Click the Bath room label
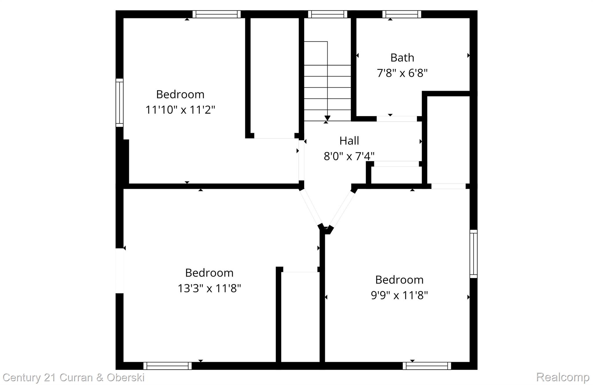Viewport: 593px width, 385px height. [402, 58]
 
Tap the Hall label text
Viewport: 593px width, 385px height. [349, 141]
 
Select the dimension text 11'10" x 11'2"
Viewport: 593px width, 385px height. [180, 110]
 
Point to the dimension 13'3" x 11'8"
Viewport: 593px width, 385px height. [209, 289]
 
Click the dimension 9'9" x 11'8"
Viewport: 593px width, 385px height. [399, 296]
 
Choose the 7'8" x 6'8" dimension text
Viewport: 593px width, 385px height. [402, 73]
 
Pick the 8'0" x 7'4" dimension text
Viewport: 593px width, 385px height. [349, 157]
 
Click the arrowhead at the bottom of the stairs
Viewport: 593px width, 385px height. [327, 118]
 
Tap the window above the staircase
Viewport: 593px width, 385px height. [327, 14]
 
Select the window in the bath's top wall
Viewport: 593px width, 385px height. [402, 14]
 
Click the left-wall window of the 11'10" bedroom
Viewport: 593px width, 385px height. [120, 103]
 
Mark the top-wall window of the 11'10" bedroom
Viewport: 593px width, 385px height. [216, 14]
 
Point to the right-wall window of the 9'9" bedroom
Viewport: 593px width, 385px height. [473, 254]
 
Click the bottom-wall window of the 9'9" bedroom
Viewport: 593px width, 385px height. [427, 366]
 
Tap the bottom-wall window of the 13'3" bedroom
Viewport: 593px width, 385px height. [167, 366]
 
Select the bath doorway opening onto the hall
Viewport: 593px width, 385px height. [396, 119]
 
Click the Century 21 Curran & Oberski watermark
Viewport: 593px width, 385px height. [74, 377]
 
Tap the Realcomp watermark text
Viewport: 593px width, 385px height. [563, 377]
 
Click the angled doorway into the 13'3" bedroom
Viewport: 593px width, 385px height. [311, 207]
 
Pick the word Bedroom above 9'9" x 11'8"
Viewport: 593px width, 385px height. [399, 280]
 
